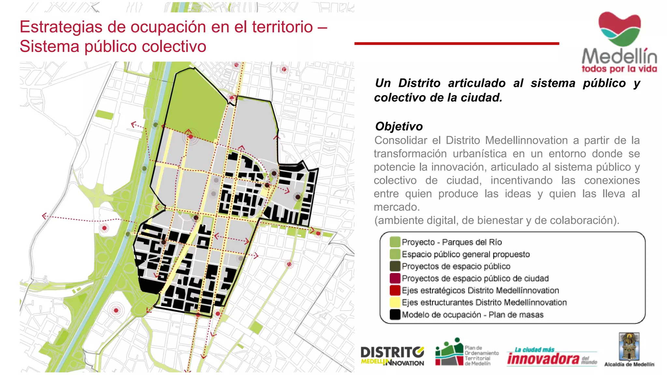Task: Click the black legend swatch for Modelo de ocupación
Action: click(395, 314)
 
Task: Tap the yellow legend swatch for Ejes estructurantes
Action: click(395, 302)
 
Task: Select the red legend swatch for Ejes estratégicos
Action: click(395, 290)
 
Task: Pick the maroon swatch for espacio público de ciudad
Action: click(395, 278)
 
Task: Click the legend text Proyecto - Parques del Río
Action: click(451, 242)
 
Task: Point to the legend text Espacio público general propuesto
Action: click(465, 254)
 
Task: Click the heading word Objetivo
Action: click(399, 126)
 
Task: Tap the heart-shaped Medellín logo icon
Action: click(619, 29)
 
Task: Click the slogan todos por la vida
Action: click(619, 69)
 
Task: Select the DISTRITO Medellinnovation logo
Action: click(392, 356)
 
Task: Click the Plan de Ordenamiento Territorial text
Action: click(481, 355)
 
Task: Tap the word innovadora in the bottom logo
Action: click(543, 359)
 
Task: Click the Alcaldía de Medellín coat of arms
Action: click(629, 346)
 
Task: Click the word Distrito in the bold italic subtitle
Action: click(419, 83)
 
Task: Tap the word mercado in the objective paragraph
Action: click(396, 207)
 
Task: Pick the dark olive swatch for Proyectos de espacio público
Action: click(395, 266)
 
